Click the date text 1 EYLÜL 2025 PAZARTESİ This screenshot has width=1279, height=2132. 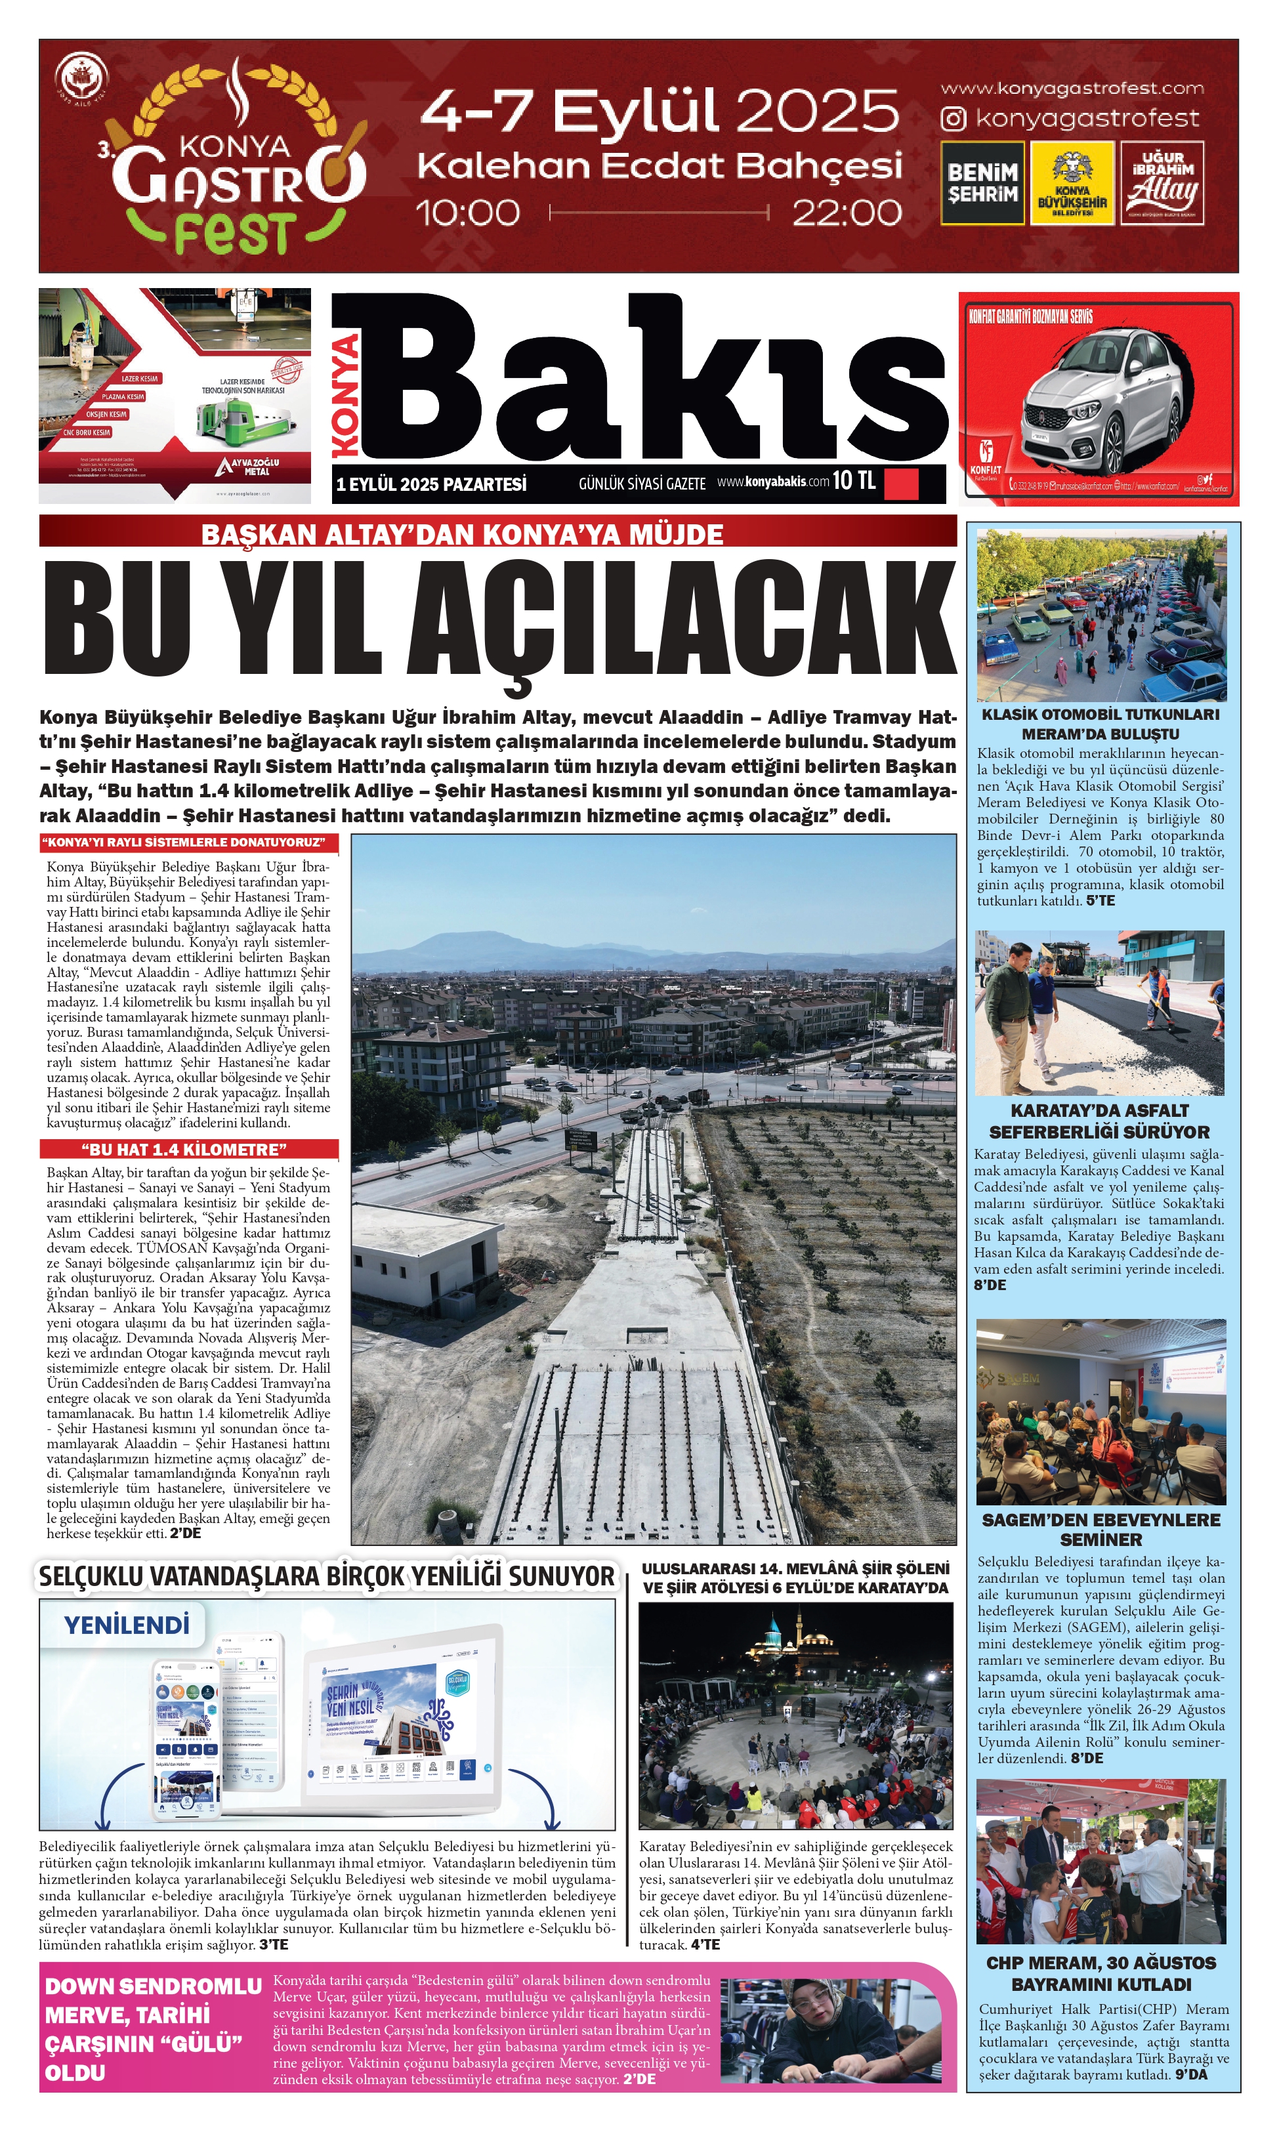click(431, 484)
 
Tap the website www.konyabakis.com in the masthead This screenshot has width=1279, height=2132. click(773, 482)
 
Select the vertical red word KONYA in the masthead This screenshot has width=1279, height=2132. click(346, 396)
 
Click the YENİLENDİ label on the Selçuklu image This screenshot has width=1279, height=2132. click(127, 1624)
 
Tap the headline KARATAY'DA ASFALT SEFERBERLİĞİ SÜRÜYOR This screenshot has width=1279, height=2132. click(1099, 1121)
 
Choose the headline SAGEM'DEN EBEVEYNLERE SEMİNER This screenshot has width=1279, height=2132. click(1101, 1529)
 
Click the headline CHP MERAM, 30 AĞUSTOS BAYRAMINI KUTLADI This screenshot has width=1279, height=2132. click(1101, 1973)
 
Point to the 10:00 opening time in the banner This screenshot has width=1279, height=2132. click(468, 213)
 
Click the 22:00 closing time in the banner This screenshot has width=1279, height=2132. click(847, 213)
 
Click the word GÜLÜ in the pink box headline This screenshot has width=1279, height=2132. click(200, 2043)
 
